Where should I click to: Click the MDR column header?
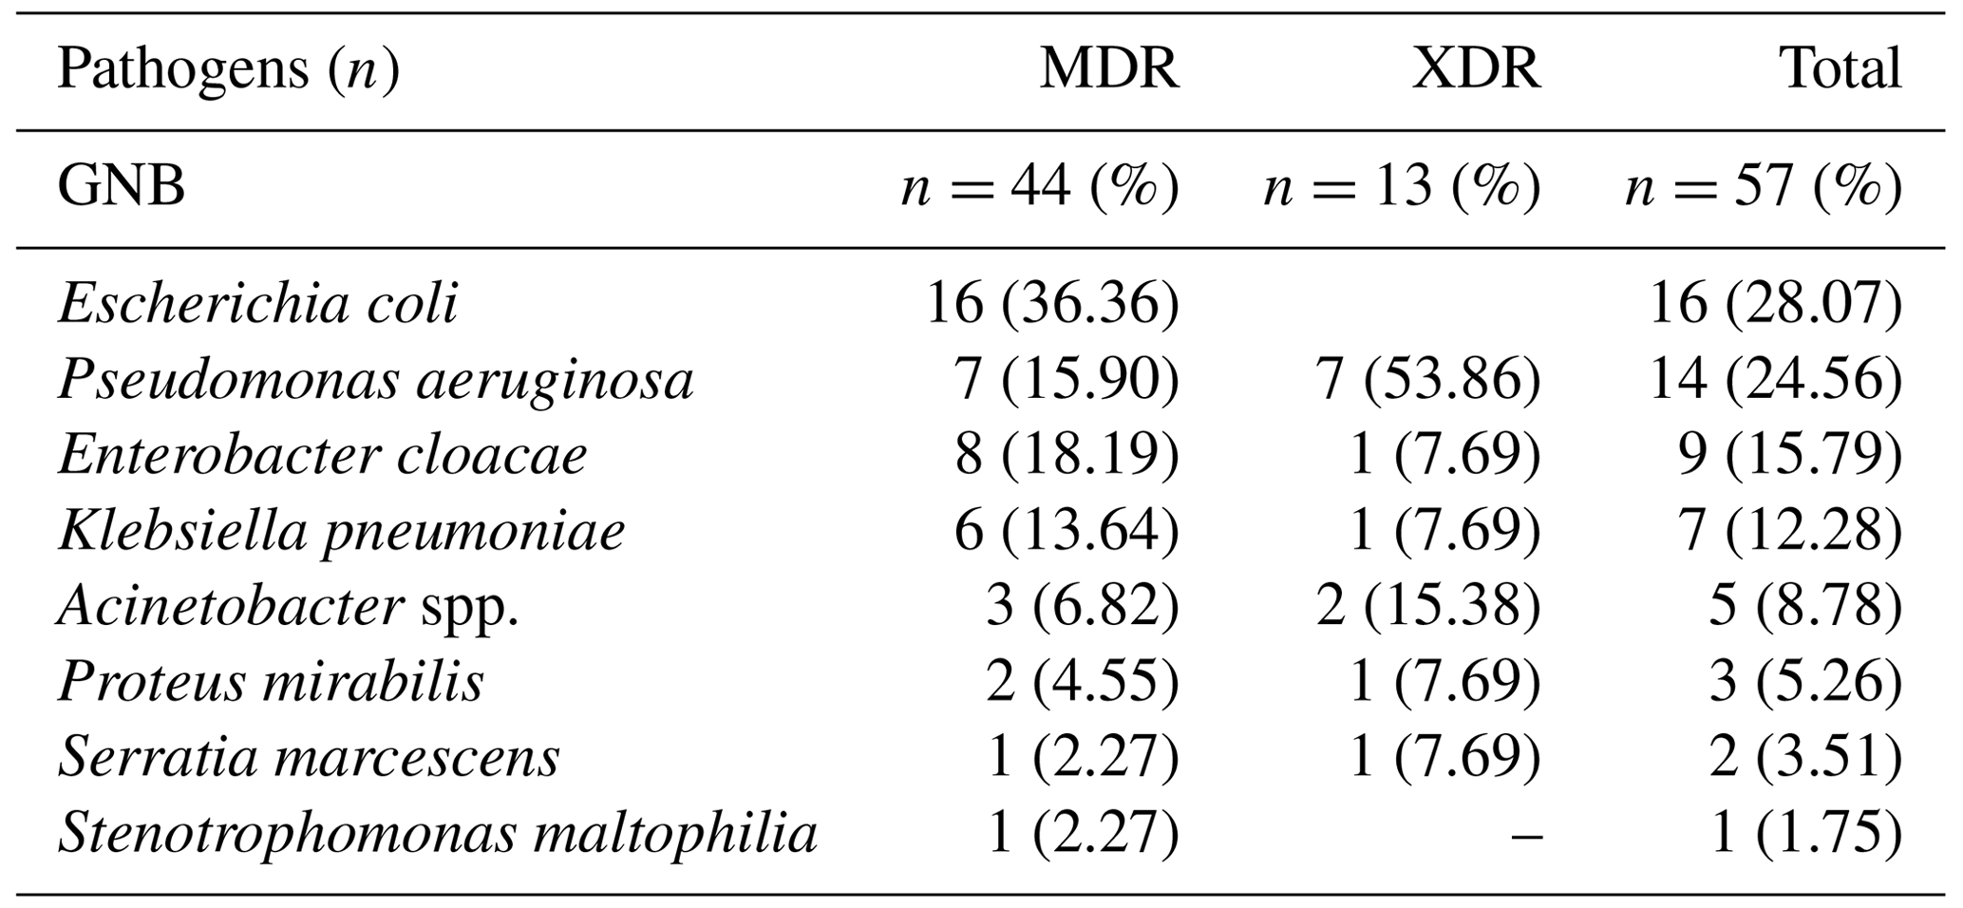(1108, 69)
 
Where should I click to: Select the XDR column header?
(1475, 69)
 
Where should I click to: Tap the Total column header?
(1840, 69)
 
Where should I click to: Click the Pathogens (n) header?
(228, 69)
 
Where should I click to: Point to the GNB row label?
(121, 186)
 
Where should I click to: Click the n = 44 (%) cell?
(1039, 186)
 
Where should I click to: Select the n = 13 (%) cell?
(1402, 186)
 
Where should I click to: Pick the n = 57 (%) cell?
(1764, 186)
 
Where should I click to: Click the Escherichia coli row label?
(257, 304)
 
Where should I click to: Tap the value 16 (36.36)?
(1052, 304)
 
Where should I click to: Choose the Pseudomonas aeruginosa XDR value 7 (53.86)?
(1427, 380)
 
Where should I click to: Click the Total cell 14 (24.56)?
(1776, 380)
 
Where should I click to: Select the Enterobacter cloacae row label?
(322, 455)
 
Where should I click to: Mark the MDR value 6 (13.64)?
(1066, 530)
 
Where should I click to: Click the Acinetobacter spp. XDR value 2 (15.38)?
(1427, 606)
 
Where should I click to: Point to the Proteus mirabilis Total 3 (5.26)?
(1805, 682)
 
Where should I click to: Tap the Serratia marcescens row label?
(309, 757)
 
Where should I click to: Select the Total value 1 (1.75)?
(1805, 833)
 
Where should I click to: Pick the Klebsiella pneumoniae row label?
(341, 530)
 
